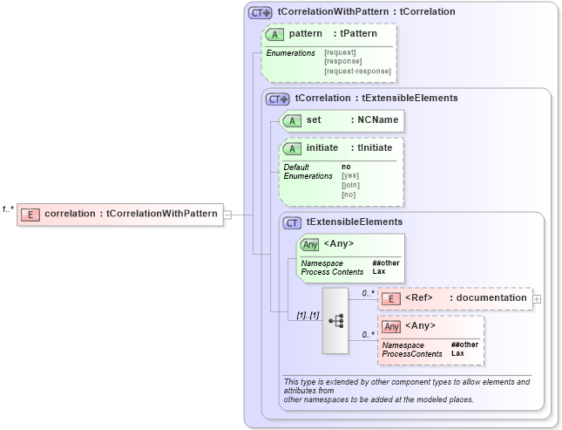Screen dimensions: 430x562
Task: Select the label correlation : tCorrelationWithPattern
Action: point(131,214)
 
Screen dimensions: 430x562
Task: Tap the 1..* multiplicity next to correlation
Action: point(7,208)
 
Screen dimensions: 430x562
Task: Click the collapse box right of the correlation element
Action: point(227,214)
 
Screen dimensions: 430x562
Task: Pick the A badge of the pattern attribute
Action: point(275,33)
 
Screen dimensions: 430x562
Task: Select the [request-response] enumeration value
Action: point(357,71)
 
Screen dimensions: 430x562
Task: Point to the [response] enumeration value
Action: point(342,62)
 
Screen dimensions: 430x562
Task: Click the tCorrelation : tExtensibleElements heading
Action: point(376,98)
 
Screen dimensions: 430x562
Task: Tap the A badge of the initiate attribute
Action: point(292,148)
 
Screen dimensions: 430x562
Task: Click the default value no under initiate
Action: point(346,167)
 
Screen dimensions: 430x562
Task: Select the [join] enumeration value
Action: point(350,185)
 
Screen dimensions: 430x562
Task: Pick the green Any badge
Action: point(309,243)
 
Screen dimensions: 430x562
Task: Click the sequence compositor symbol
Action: point(335,320)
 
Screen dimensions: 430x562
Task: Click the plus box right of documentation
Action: point(537,298)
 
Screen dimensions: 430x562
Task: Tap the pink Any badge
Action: point(392,326)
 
